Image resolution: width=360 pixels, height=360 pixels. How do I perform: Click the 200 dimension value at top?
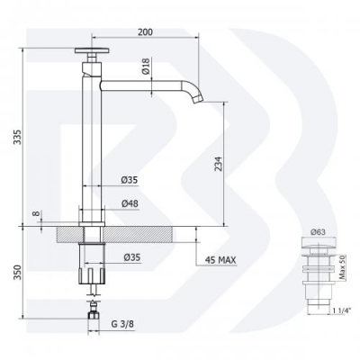click(x=145, y=32)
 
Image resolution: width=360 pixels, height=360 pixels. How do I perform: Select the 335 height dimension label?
click(x=18, y=137)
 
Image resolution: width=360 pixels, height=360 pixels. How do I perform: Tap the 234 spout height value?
click(x=219, y=164)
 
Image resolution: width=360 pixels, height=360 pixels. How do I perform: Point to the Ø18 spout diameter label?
click(x=146, y=67)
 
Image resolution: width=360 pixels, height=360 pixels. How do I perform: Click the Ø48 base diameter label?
click(x=130, y=203)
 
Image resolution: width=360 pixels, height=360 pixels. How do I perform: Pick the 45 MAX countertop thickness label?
click(x=220, y=260)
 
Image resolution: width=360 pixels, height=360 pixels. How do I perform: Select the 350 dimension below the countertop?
click(x=18, y=273)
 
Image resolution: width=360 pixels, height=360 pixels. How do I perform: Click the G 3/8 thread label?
click(x=122, y=324)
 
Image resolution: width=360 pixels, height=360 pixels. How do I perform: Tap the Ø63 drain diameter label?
click(x=318, y=232)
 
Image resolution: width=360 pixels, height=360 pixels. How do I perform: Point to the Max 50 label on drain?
click(x=343, y=267)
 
